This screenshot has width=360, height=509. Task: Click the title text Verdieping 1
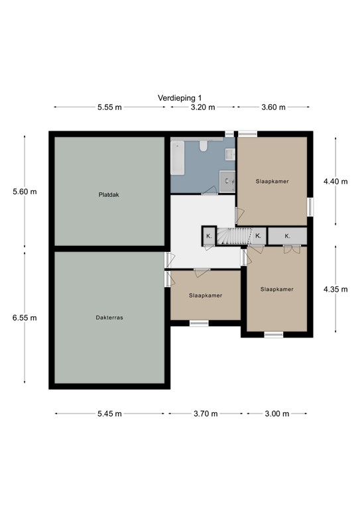click(180, 97)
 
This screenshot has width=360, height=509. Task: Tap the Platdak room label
click(109, 195)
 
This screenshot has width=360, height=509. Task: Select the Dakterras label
click(109, 317)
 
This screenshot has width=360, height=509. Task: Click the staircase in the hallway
click(233, 236)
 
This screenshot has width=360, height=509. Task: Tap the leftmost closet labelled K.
click(209, 236)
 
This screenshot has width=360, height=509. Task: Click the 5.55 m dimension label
click(109, 107)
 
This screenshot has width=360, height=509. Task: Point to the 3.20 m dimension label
click(202, 107)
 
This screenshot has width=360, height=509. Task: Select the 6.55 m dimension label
click(25, 317)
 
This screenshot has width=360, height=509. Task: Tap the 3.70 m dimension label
click(206, 414)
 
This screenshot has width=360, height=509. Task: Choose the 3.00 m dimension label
click(277, 414)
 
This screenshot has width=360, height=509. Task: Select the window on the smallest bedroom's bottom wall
click(199, 323)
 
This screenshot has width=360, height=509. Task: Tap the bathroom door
click(210, 192)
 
